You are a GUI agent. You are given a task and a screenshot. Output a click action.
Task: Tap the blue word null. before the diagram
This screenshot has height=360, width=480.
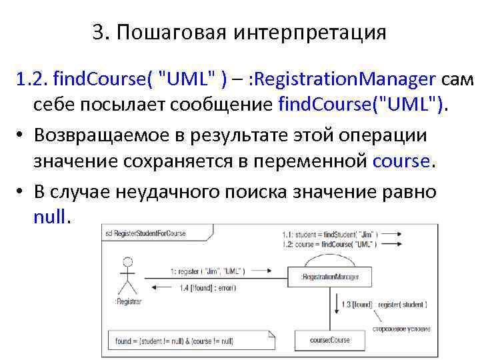51,217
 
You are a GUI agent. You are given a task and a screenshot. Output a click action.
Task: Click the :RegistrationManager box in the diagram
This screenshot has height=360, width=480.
330,277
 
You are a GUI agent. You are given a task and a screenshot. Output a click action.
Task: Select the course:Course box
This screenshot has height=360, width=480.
330,340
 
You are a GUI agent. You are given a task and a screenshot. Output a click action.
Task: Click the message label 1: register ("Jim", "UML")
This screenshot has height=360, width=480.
207,271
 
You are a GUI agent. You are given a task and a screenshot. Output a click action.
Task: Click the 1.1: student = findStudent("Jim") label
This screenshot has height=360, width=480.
327,235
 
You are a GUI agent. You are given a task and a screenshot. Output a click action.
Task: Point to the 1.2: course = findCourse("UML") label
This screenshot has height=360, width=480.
327,245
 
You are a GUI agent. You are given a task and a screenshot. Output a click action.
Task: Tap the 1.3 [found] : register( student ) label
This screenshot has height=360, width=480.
384,305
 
